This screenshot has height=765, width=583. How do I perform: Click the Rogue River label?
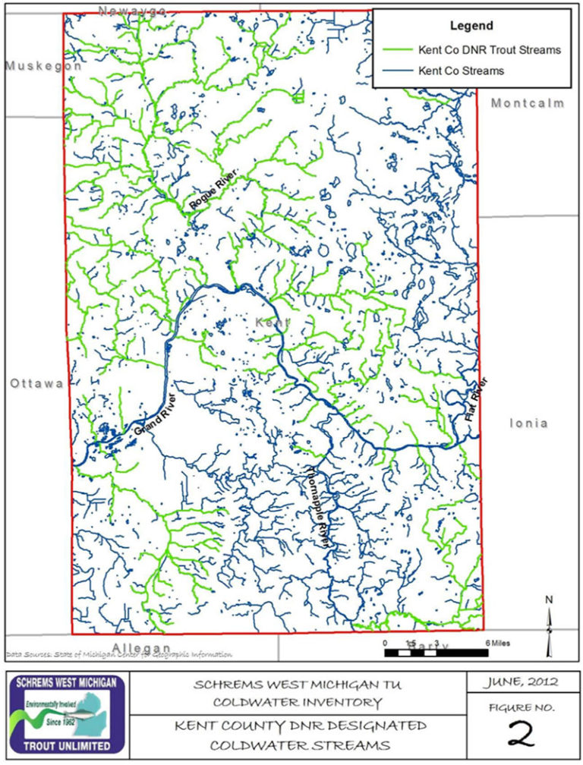pos(213,190)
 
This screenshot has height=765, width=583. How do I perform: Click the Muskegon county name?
pos(43,66)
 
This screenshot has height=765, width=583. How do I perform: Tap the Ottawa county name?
pos(36,384)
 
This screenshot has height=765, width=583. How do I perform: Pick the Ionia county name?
pos(528,423)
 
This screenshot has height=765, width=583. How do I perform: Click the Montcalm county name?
pos(528,103)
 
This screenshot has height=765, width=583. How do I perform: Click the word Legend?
pos(471,26)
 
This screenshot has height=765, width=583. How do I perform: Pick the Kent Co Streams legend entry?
pos(461,71)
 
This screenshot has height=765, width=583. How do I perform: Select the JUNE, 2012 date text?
pos(521,682)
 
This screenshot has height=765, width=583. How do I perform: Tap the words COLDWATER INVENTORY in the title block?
pos(298,702)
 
